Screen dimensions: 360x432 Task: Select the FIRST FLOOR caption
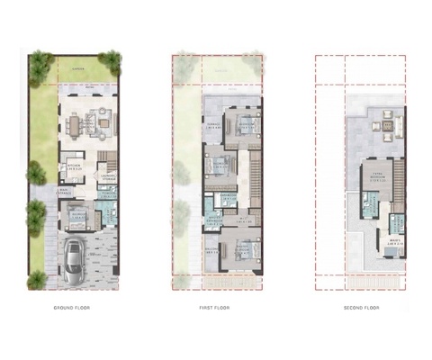click(219, 308)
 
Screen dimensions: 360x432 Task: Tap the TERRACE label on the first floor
click(213, 126)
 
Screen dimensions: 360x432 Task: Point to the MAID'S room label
click(396, 240)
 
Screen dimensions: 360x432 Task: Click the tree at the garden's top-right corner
click(111, 61)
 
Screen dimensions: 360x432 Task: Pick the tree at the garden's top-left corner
click(40, 63)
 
